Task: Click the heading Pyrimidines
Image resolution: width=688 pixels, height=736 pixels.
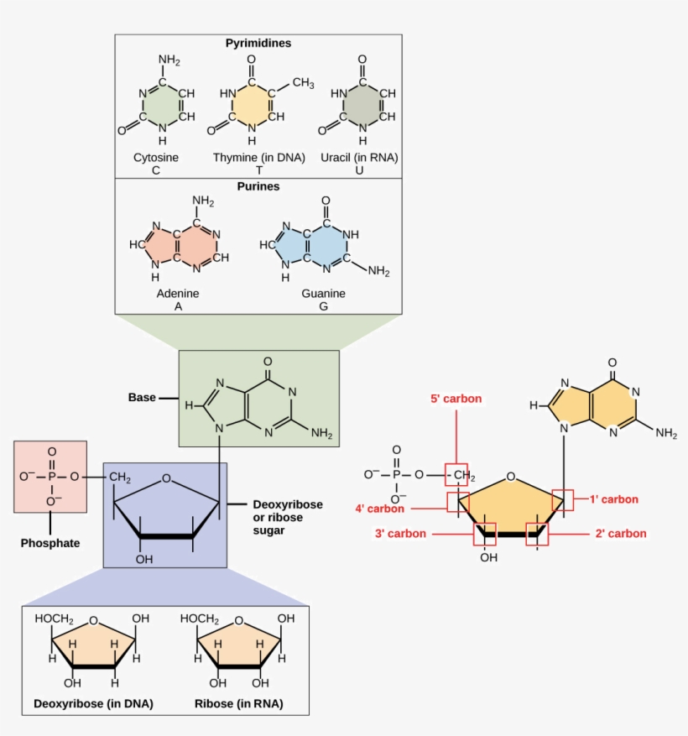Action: point(258,43)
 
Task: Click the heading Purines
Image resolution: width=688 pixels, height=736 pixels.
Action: point(258,186)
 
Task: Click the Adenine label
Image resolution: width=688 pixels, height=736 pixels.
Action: point(178,294)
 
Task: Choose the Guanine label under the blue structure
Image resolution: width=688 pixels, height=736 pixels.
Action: point(324,294)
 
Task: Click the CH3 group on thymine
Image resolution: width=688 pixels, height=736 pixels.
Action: point(303,82)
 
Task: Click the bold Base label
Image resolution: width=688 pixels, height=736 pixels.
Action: point(142,397)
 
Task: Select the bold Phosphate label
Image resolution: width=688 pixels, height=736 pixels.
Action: point(50,543)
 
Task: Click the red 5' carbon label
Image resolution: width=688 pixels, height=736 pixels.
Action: point(456,399)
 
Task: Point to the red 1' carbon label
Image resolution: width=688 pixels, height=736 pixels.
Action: point(613,499)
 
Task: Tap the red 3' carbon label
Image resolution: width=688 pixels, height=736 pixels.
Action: point(400,534)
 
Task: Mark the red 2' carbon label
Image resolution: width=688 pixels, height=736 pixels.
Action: point(622,534)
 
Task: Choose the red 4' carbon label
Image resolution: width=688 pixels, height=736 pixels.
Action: point(379,508)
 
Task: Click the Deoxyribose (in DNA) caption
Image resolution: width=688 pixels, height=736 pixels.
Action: point(93,703)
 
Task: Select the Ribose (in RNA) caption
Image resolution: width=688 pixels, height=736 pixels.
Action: point(238,703)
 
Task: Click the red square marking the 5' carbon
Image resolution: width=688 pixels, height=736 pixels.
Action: point(456,475)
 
